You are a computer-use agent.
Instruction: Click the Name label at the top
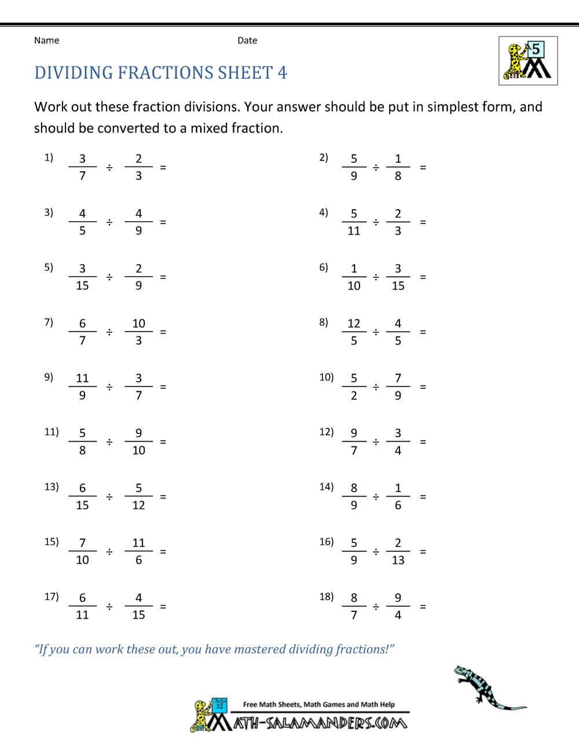click(x=46, y=41)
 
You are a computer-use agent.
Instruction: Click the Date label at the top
click(x=247, y=41)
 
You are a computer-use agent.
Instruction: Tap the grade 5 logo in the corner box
click(x=528, y=61)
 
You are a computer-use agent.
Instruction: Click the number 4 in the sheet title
click(x=282, y=73)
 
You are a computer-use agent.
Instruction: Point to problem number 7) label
click(x=49, y=322)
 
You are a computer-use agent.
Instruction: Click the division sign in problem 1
click(x=109, y=167)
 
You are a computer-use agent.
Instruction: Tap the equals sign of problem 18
click(x=423, y=607)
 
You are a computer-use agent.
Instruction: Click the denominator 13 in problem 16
click(x=398, y=560)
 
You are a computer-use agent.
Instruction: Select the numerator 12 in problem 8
click(x=354, y=324)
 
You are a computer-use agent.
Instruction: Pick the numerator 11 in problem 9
click(x=82, y=379)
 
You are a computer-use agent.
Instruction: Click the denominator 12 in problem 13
click(x=138, y=505)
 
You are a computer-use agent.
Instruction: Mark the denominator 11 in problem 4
click(x=354, y=231)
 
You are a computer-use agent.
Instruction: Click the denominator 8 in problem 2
click(x=398, y=176)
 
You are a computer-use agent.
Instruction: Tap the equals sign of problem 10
click(x=423, y=387)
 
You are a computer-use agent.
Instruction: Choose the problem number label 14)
click(x=327, y=487)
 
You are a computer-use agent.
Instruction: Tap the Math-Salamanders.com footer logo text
click(x=320, y=723)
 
